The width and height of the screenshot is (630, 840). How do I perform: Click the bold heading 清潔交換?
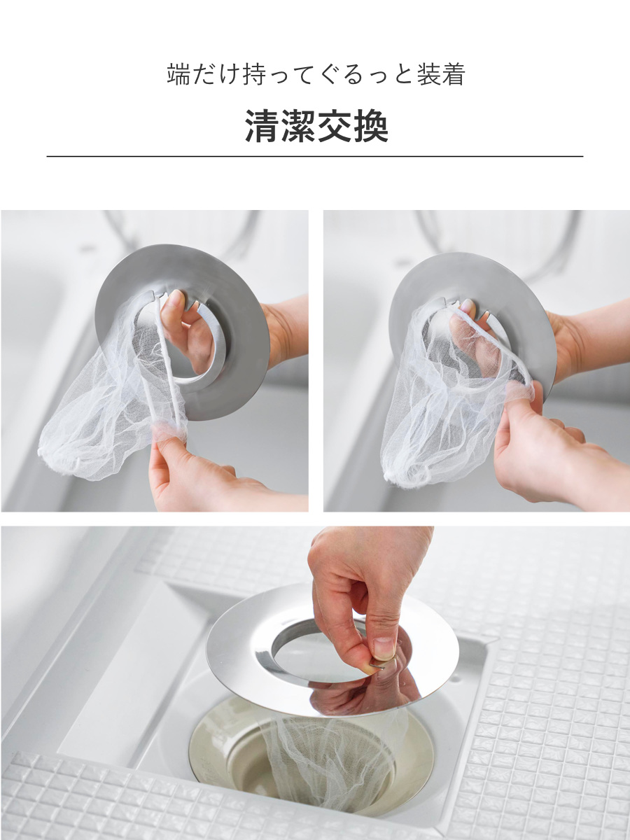(x=316, y=126)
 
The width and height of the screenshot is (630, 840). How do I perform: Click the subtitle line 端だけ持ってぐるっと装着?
(x=316, y=75)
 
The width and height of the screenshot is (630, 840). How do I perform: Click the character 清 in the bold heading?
(x=262, y=126)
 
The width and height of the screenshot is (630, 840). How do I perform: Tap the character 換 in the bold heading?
(x=371, y=126)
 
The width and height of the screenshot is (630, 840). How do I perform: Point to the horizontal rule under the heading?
(x=315, y=156)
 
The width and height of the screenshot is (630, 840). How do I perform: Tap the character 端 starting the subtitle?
(x=178, y=75)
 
